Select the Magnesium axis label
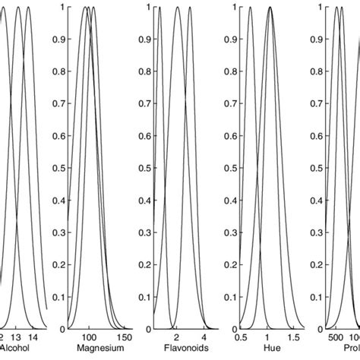point(90,348)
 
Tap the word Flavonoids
point(176,348)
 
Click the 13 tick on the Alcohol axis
point(16,336)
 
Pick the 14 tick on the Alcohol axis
point(33,336)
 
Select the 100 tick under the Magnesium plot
point(90,336)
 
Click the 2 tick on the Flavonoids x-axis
point(176,336)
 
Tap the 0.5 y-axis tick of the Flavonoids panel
point(144,168)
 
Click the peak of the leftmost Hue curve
point(250,8)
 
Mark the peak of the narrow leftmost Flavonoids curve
point(159,8)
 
